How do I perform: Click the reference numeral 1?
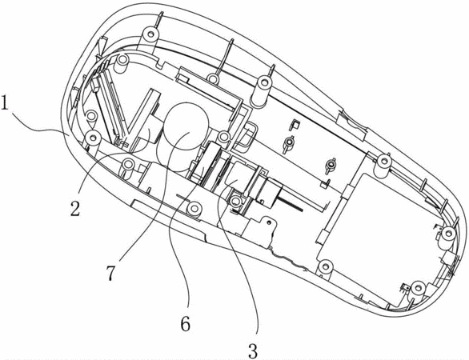6,103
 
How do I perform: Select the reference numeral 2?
75,208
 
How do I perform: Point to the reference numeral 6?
186,323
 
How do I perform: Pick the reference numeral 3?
253,350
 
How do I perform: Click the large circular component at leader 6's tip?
186,126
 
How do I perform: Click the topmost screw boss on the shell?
150,34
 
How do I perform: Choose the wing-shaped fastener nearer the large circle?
290,142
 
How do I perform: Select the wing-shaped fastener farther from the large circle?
331,165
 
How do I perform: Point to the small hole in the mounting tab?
269,222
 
